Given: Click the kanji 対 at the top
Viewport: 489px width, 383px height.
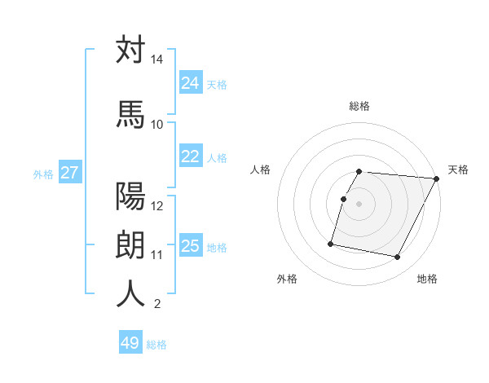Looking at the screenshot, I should click(x=130, y=51).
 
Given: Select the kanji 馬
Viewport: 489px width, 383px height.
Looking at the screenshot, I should click(x=130, y=114).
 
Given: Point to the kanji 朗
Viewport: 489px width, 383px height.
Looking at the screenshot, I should click(x=130, y=245).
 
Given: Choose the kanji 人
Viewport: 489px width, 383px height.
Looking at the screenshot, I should click(x=130, y=293).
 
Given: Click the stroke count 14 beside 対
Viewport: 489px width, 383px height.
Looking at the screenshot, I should click(x=157, y=60).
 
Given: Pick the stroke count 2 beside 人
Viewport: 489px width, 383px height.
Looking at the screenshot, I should click(x=156, y=305).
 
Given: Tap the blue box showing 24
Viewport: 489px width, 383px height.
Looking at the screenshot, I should click(x=191, y=82).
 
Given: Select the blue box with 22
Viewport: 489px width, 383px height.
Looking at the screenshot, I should click(x=191, y=157).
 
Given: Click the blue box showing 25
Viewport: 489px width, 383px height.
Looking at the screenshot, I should click(x=191, y=246).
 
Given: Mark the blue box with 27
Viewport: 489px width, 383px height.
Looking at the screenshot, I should click(x=70, y=173).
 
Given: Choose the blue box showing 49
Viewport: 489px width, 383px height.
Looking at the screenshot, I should click(x=130, y=343).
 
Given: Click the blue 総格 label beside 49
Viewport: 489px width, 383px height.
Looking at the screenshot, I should click(x=156, y=345).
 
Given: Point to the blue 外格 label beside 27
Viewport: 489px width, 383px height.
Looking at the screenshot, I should click(x=43, y=174).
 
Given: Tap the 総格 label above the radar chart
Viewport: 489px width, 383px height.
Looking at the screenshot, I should click(x=359, y=106).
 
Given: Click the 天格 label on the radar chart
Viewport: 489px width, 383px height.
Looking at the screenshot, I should click(x=458, y=169).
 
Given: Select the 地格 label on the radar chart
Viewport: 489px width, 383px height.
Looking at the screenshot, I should click(x=427, y=280).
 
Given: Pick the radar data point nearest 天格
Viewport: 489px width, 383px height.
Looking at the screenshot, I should click(x=437, y=178).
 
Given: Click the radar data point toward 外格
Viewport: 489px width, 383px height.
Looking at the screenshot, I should click(x=331, y=243).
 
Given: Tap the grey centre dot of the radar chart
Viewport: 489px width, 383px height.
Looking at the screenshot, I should click(x=359, y=204).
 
